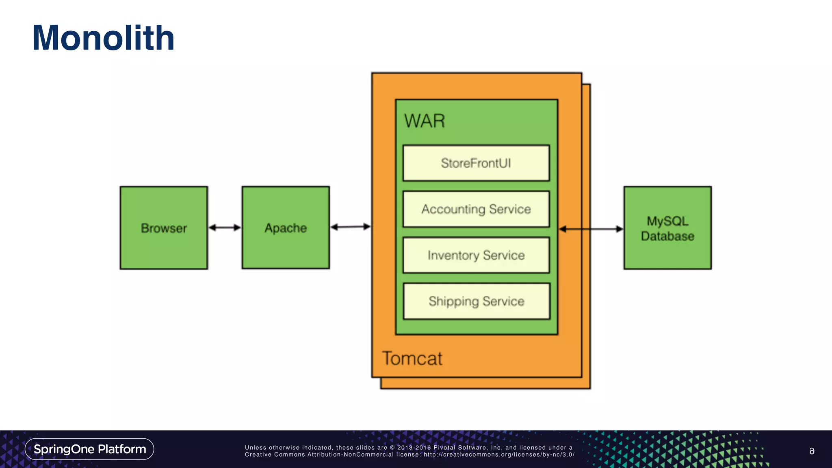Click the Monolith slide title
[x=103, y=38]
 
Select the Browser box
[x=164, y=228]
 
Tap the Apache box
[x=286, y=228]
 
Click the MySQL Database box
[x=667, y=228]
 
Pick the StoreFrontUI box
[x=476, y=163]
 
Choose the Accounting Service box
[x=476, y=209]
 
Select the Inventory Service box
[x=476, y=255]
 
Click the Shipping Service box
[x=476, y=301]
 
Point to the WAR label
[x=425, y=121]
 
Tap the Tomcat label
[x=412, y=358]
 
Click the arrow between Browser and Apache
[x=225, y=227]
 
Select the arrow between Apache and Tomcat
[x=350, y=227]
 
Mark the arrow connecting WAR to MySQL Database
[x=591, y=229]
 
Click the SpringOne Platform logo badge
[x=89, y=449]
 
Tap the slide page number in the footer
[x=812, y=451]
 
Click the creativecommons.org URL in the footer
[x=499, y=455]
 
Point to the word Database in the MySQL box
[x=667, y=236]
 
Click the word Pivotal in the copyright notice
[x=444, y=448]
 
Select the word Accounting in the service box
[x=453, y=209]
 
